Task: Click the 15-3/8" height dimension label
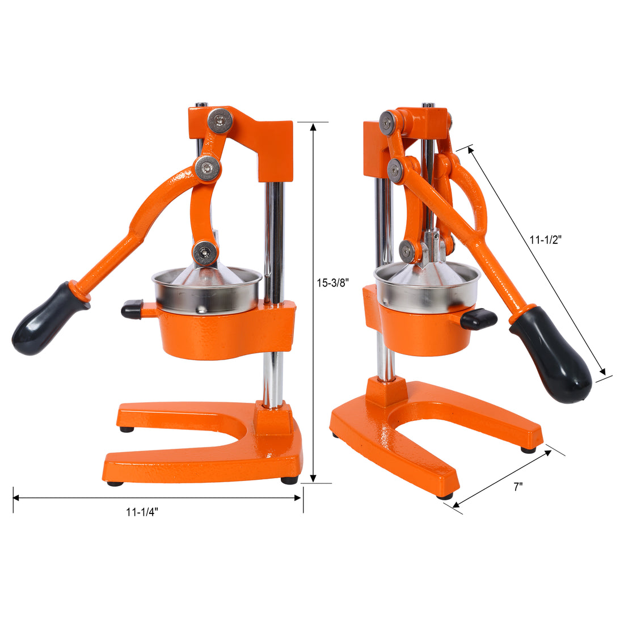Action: [332, 281]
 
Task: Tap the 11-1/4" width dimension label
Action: [142, 512]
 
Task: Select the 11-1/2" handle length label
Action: [545, 240]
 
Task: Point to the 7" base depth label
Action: [517, 487]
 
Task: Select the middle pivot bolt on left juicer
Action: [207, 167]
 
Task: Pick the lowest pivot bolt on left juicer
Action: [204, 251]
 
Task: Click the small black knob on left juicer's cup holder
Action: [132, 309]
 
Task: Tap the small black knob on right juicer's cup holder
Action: [478, 319]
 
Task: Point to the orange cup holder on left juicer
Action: [221, 335]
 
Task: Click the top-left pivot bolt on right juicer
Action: [389, 123]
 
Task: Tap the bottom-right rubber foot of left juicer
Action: [289, 480]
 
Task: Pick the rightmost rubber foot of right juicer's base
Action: [528, 449]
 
